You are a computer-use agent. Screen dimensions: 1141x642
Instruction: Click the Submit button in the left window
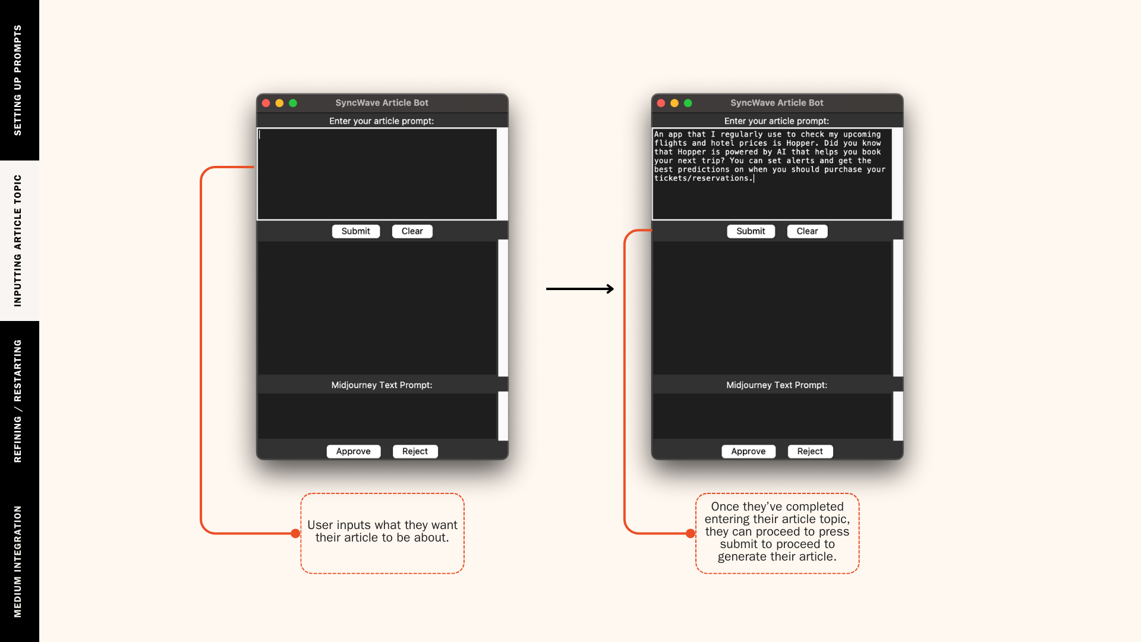[355, 231]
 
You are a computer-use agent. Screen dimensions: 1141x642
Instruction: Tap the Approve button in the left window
[353, 451]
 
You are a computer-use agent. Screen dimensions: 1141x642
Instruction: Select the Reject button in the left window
[415, 451]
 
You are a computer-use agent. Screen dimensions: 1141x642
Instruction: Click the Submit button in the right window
[751, 231]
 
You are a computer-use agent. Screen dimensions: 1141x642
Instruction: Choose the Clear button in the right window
[807, 231]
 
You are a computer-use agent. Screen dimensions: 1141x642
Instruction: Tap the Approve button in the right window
[748, 451]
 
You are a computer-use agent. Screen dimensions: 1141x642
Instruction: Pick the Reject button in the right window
[810, 451]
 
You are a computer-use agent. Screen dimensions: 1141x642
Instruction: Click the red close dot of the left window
[266, 103]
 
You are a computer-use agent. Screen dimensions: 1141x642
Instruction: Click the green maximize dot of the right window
[688, 103]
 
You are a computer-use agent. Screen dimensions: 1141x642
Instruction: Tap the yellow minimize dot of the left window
[279, 103]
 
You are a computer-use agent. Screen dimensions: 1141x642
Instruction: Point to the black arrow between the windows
[580, 289]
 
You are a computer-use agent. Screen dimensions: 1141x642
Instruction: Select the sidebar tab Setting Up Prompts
[18, 80]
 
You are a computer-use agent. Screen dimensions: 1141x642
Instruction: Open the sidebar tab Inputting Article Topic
[18, 241]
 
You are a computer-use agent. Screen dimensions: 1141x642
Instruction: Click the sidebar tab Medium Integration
[18, 562]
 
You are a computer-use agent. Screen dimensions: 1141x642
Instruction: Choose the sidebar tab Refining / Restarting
[18, 401]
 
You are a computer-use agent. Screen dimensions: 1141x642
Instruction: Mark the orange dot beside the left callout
[295, 533]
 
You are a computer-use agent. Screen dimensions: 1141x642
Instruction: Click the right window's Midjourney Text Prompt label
[776, 385]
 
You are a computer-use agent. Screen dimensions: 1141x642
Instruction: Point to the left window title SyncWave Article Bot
[382, 103]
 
